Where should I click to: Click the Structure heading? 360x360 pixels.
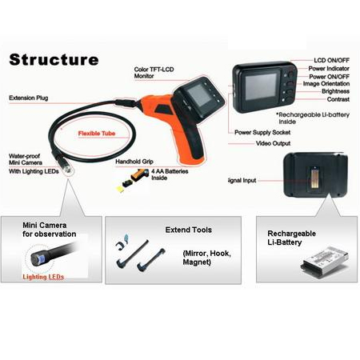point(54,59)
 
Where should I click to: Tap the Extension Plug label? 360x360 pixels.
point(29,98)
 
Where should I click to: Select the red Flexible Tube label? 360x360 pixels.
point(97,134)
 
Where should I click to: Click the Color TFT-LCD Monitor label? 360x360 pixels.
point(154,73)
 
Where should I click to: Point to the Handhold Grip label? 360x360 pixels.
point(134,162)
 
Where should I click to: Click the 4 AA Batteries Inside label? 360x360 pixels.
point(170,174)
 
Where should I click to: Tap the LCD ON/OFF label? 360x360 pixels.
point(331,60)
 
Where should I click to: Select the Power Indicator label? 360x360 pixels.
point(329,69)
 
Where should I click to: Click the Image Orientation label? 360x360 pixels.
point(326,83)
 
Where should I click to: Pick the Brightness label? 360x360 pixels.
point(335,91)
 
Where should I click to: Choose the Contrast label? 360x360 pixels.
point(338,99)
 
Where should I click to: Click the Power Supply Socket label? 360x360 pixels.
point(262,132)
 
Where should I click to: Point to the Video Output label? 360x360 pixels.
point(273,143)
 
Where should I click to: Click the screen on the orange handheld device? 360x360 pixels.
point(199,94)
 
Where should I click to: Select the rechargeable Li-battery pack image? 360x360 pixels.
point(325,262)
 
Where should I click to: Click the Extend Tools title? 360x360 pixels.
point(189,230)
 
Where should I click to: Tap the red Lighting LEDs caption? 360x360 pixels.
point(43,277)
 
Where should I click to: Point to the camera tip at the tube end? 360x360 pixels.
point(65,166)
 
